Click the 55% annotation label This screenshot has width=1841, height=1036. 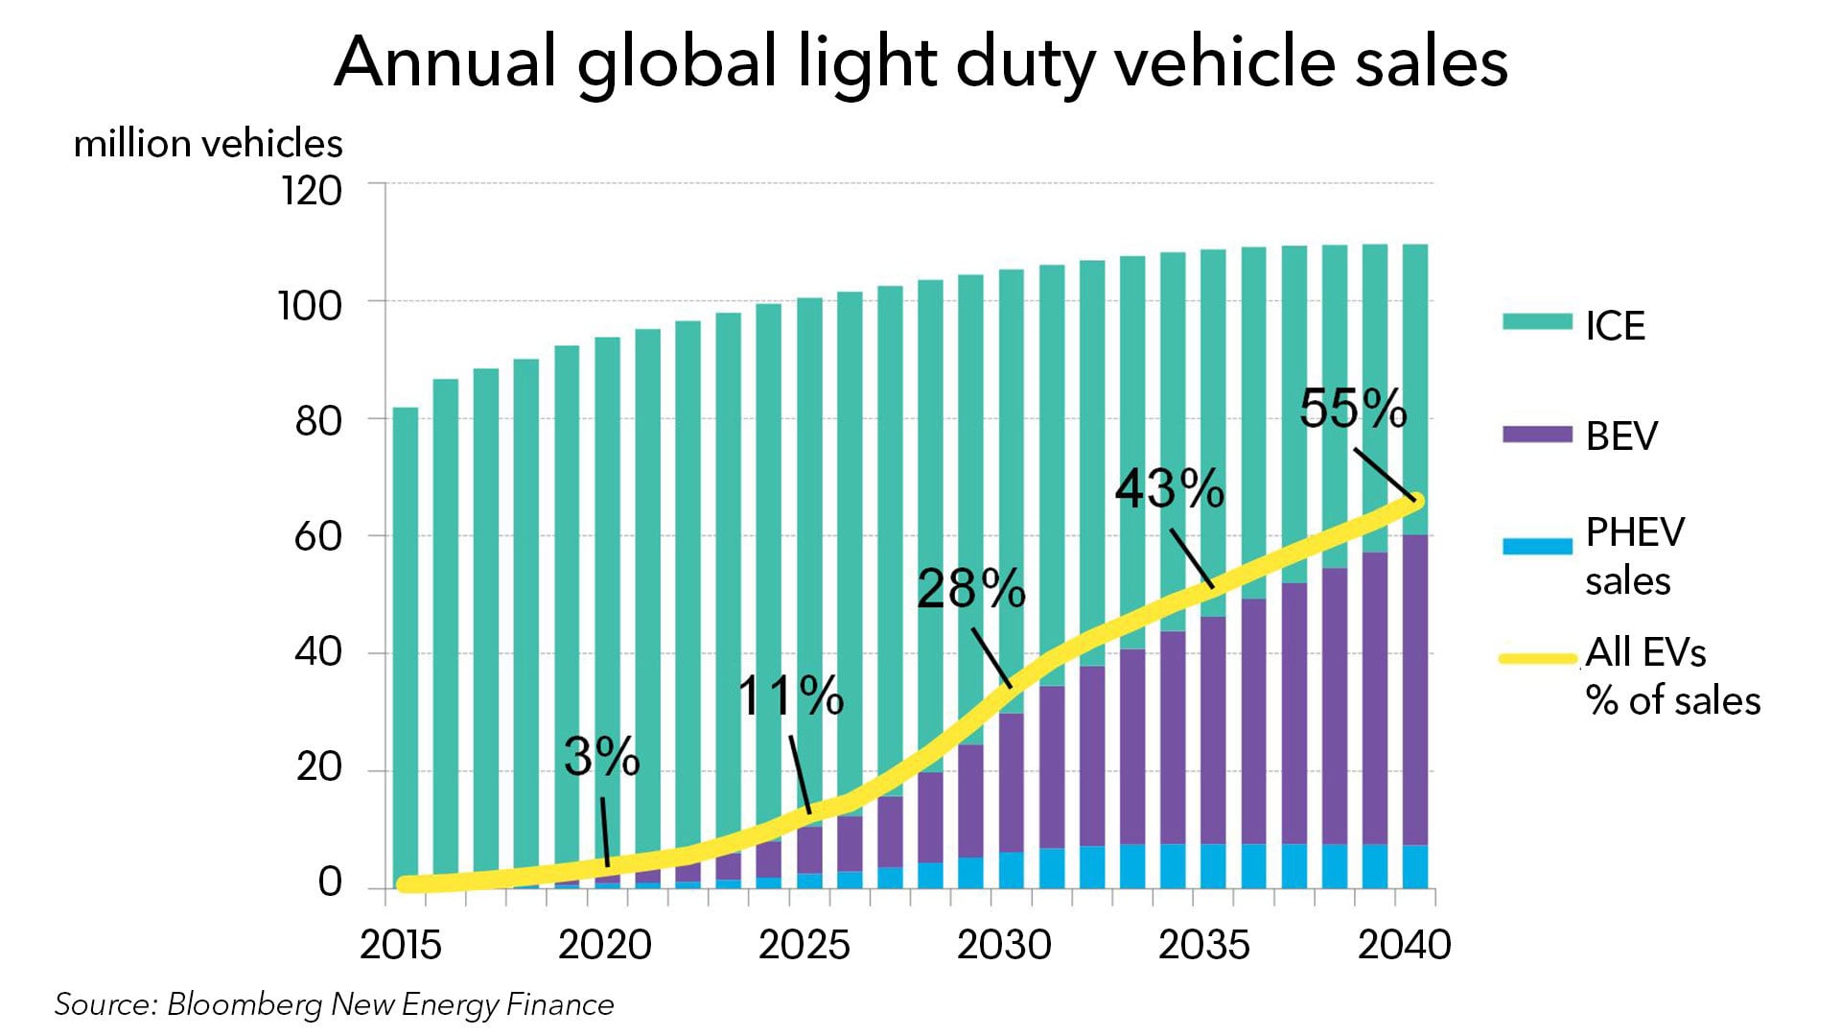tap(1353, 409)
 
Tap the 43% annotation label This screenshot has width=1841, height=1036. tap(1169, 489)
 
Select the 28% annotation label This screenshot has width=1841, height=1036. tap(970, 589)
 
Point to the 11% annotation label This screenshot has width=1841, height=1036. tap(790, 696)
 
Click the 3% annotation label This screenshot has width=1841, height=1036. tap(601, 757)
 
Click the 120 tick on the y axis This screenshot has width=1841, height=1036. tap(311, 191)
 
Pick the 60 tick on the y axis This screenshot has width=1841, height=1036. tap(317, 536)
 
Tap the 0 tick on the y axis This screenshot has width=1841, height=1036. tap(330, 882)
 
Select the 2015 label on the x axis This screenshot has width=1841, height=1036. tap(401, 945)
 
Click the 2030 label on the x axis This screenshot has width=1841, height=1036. tap(1004, 945)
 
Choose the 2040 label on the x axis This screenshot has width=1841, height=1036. tap(1405, 945)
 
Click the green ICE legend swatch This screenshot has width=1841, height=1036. tap(1537, 321)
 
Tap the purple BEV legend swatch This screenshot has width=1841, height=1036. tap(1537, 434)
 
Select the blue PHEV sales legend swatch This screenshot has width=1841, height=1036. tap(1537, 546)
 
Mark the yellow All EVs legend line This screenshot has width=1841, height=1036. tap(1537, 659)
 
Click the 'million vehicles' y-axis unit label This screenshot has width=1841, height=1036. tap(208, 144)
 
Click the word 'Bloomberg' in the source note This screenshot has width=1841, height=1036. tap(245, 1004)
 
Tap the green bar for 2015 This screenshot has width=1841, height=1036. tap(406, 643)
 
